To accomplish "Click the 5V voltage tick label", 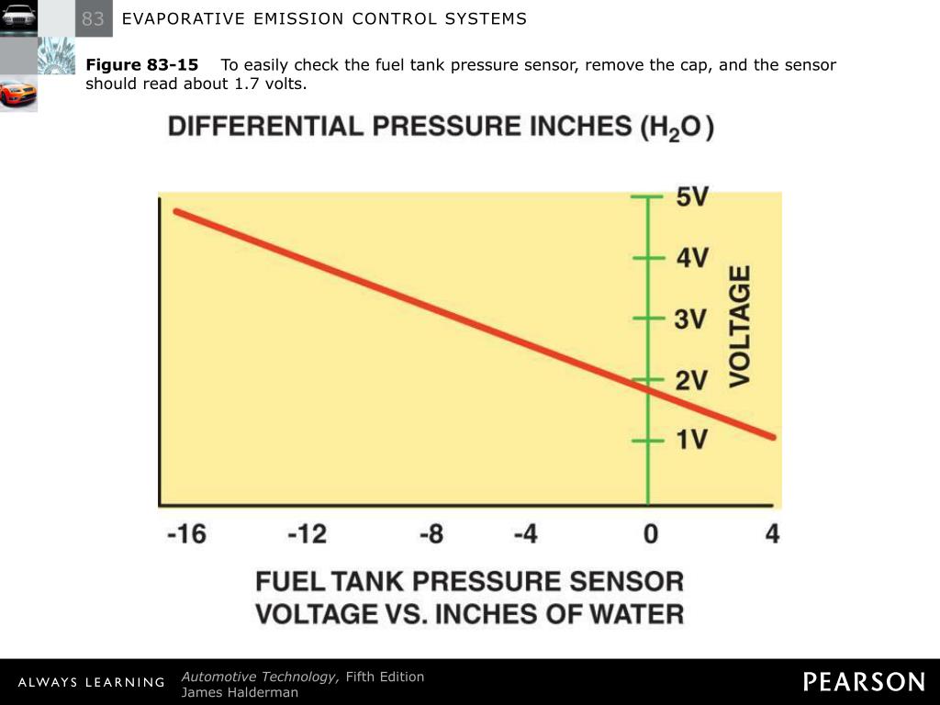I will [x=692, y=196].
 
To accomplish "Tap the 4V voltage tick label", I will [x=692, y=258].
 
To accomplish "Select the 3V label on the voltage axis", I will [x=691, y=319].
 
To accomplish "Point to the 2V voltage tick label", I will [x=691, y=380].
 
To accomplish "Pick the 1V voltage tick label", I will [x=691, y=441].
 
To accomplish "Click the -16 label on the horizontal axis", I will [x=186, y=533].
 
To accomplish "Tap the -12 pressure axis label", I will [x=308, y=533].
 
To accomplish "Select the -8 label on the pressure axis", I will [x=431, y=533].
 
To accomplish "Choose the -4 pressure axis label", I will [x=525, y=533].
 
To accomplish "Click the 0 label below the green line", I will [x=650, y=533].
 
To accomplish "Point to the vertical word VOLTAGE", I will [x=740, y=326].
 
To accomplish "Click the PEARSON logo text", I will [x=865, y=682].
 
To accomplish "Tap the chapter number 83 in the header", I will [x=94, y=18].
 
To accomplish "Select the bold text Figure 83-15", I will [x=142, y=65].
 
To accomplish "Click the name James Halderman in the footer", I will [x=240, y=693].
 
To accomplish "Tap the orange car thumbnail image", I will [x=18, y=93].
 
